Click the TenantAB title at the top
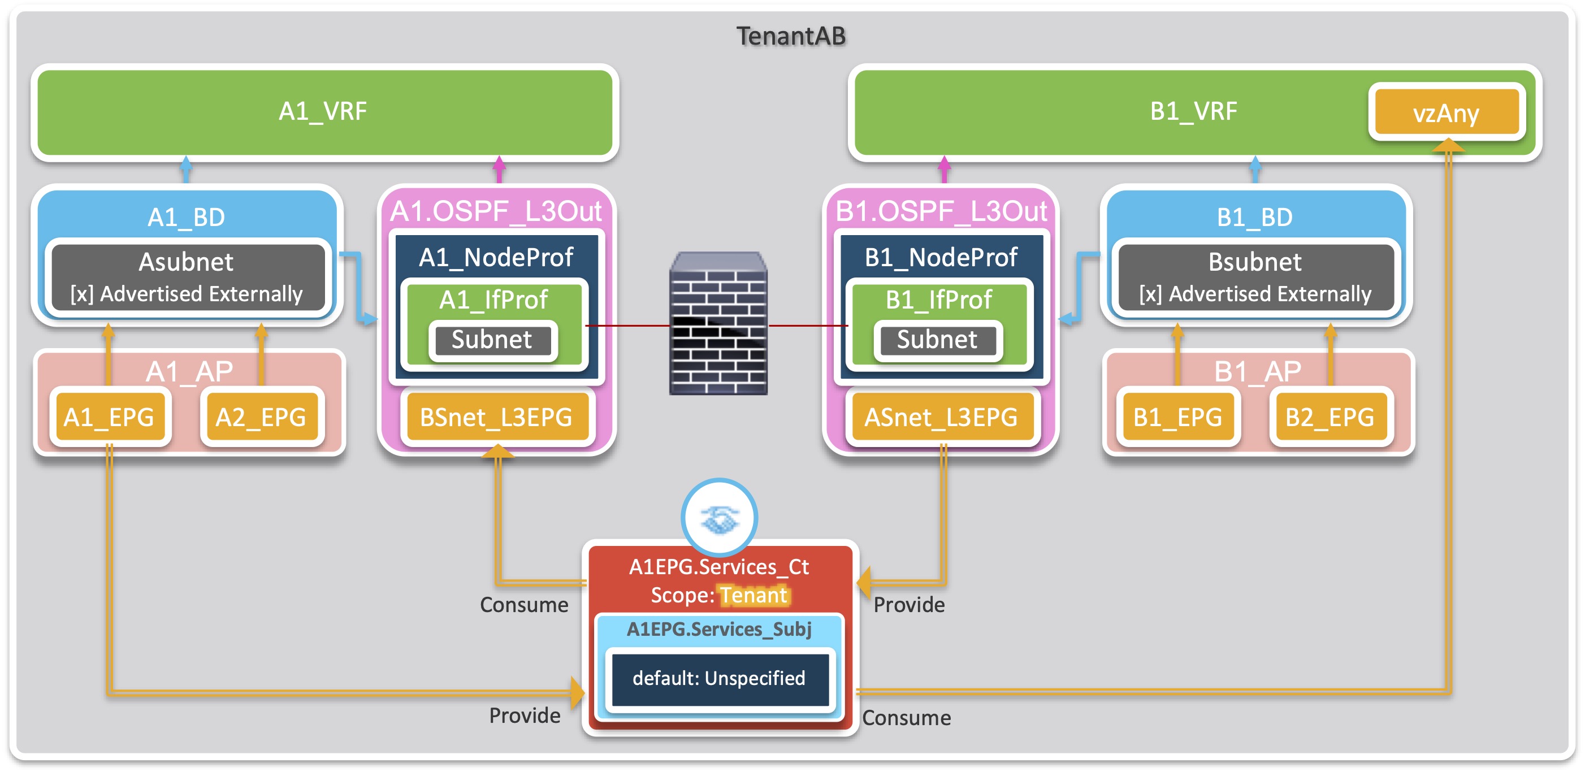tap(791, 36)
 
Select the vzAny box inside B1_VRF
tap(1446, 112)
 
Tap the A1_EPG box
tap(109, 418)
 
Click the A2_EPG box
tap(261, 418)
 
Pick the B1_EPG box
tap(1177, 418)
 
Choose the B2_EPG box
tap(1330, 418)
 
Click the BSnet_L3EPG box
tap(496, 418)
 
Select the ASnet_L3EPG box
tap(941, 418)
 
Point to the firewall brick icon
tap(718, 324)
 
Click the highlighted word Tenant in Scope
tap(753, 596)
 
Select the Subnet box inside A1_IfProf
tap(492, 340)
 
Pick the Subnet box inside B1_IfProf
tap(937, 340)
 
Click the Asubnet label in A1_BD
tap(186, 263)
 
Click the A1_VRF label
tap(322, 111)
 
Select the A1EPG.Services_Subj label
tap(718, 629)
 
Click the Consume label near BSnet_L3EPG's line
tap(524, 605)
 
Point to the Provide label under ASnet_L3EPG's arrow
tap(909, 605)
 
